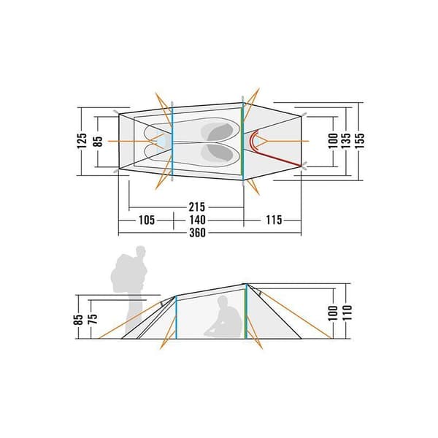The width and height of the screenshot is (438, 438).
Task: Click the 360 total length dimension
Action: click(x=197, y=233)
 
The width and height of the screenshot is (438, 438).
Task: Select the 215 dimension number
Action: click(x=197, y=207)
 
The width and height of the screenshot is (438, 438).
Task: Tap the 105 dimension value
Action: click(x=147, y=220)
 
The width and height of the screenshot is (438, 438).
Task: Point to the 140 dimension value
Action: click(x=197, y=220)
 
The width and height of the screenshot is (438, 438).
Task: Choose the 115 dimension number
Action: click(x=274, y=220)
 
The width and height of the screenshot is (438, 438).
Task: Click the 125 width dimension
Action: click(x=82, y=141)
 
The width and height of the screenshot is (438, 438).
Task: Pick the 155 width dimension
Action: click(x=360, y=140)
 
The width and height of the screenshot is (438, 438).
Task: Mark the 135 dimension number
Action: click(x=345, y=140)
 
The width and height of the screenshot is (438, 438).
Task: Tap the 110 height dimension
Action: click(x=347, y=313)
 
